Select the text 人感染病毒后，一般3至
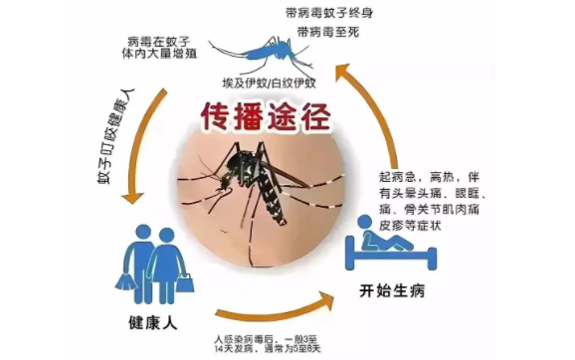pyautogui.click(x=277, y=338)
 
